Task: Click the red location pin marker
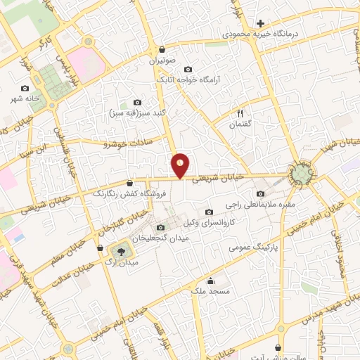(181, 165)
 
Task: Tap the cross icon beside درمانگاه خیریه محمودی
(260, 23)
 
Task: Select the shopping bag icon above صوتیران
(162, 50)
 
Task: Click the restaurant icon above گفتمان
(240, 113)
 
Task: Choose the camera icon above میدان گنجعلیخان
(160, 226)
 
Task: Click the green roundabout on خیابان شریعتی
(303, 172)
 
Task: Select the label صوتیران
(162, 61)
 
